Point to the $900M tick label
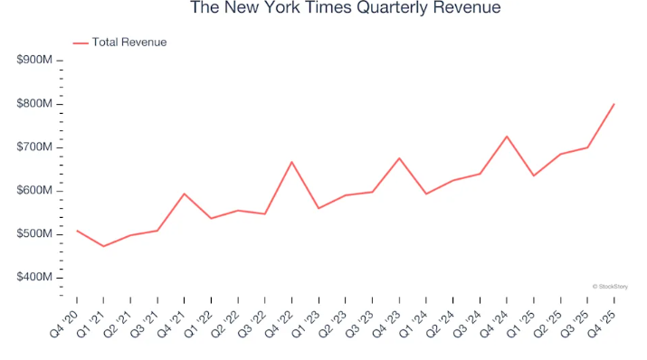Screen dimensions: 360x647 pos(35,61)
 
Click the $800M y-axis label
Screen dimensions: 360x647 pos(35,104)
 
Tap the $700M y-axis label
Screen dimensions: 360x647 pos(35,147)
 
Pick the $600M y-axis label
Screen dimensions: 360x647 pos(35,191)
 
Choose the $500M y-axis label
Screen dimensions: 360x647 pos(35,234)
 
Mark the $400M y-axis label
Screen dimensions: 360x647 pos(35,278)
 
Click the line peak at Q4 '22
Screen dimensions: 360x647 pos(291,162)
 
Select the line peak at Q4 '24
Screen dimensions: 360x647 pos(507,137)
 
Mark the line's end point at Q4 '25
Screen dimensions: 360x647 pos(614,104)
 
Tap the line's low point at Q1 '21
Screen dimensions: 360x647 pos(103,246)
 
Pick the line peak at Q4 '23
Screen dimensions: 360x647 pos(399,158)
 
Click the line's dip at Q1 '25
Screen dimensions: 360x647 pos(534,175)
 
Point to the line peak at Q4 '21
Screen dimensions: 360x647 pos(184,194)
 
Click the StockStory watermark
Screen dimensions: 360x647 pos(611,286)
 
